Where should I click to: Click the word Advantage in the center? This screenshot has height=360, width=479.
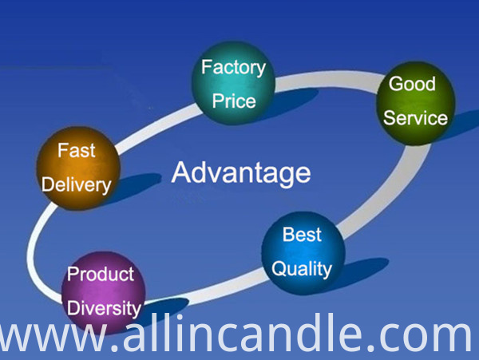[241, 173]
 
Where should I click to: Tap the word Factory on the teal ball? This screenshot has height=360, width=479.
[233, 68]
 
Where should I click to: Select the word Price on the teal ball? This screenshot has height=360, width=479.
[234, 101]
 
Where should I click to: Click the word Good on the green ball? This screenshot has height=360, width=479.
[412, 84]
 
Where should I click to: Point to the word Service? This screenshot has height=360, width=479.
[415, 118]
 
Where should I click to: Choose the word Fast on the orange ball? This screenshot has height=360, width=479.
[77, 150]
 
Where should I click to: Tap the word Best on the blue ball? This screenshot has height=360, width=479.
[302, 235]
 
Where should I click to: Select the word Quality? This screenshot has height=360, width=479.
[302, 269]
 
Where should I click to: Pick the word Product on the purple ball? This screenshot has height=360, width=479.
[101, 274]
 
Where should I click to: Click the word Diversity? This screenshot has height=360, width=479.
[104, 308]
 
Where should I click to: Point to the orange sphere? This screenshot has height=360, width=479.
[78, 168]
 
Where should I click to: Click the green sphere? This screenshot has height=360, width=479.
[416, 103]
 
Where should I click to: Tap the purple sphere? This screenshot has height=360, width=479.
[104, 292]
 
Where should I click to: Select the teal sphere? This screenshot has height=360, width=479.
[233, 83]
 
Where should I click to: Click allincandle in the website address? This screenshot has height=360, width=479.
[243, 332]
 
